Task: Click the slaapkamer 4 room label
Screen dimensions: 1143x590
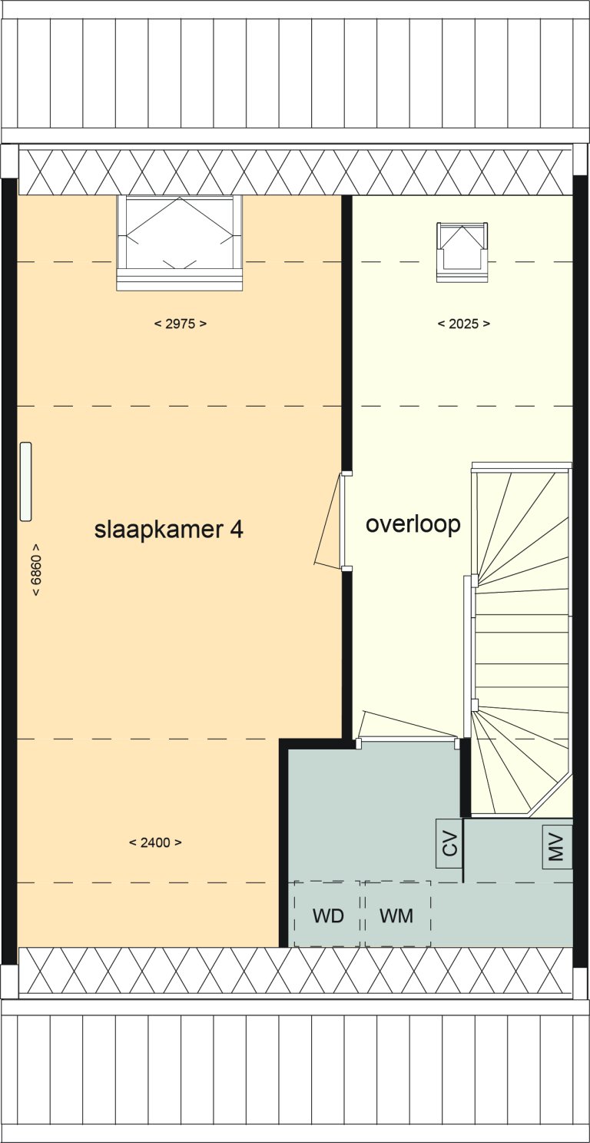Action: tap(168, 530)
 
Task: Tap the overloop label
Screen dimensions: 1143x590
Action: tap(413, 524)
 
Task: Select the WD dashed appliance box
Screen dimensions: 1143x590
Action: tap(327, 914)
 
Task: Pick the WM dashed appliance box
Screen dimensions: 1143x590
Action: tap(397, 914)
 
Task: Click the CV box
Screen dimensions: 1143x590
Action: tap(449, 844)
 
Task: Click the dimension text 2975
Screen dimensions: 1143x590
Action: tap(180, 324)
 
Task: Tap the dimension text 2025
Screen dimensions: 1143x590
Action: tap(463, 324)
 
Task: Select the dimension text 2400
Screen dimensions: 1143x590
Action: tap(155, 842)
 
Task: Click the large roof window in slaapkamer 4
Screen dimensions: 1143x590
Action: tap(180, 241)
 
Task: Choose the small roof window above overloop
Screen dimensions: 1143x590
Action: tap(462, 251)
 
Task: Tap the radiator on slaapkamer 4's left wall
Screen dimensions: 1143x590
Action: tap(26, 482)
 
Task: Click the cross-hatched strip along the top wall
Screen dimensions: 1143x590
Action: tap(295, 171)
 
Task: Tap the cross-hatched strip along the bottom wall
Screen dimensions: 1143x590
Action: tap(295, 969)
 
